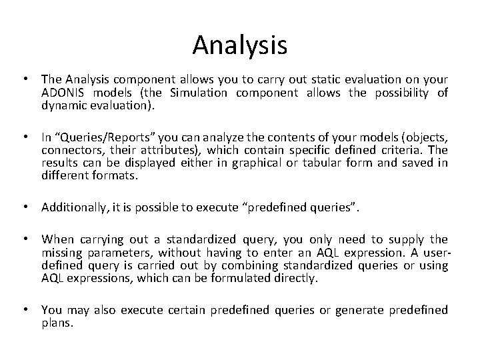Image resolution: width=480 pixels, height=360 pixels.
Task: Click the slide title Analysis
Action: pyautogui.click(x=240, y=45)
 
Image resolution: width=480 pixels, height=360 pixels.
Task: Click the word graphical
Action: pyautogui.click(x=251, y=163)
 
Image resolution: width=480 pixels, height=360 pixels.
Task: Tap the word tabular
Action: pyautogui.click(x=308, y=163)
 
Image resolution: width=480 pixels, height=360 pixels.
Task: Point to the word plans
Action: pyautogui.click(x=55, y=322)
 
